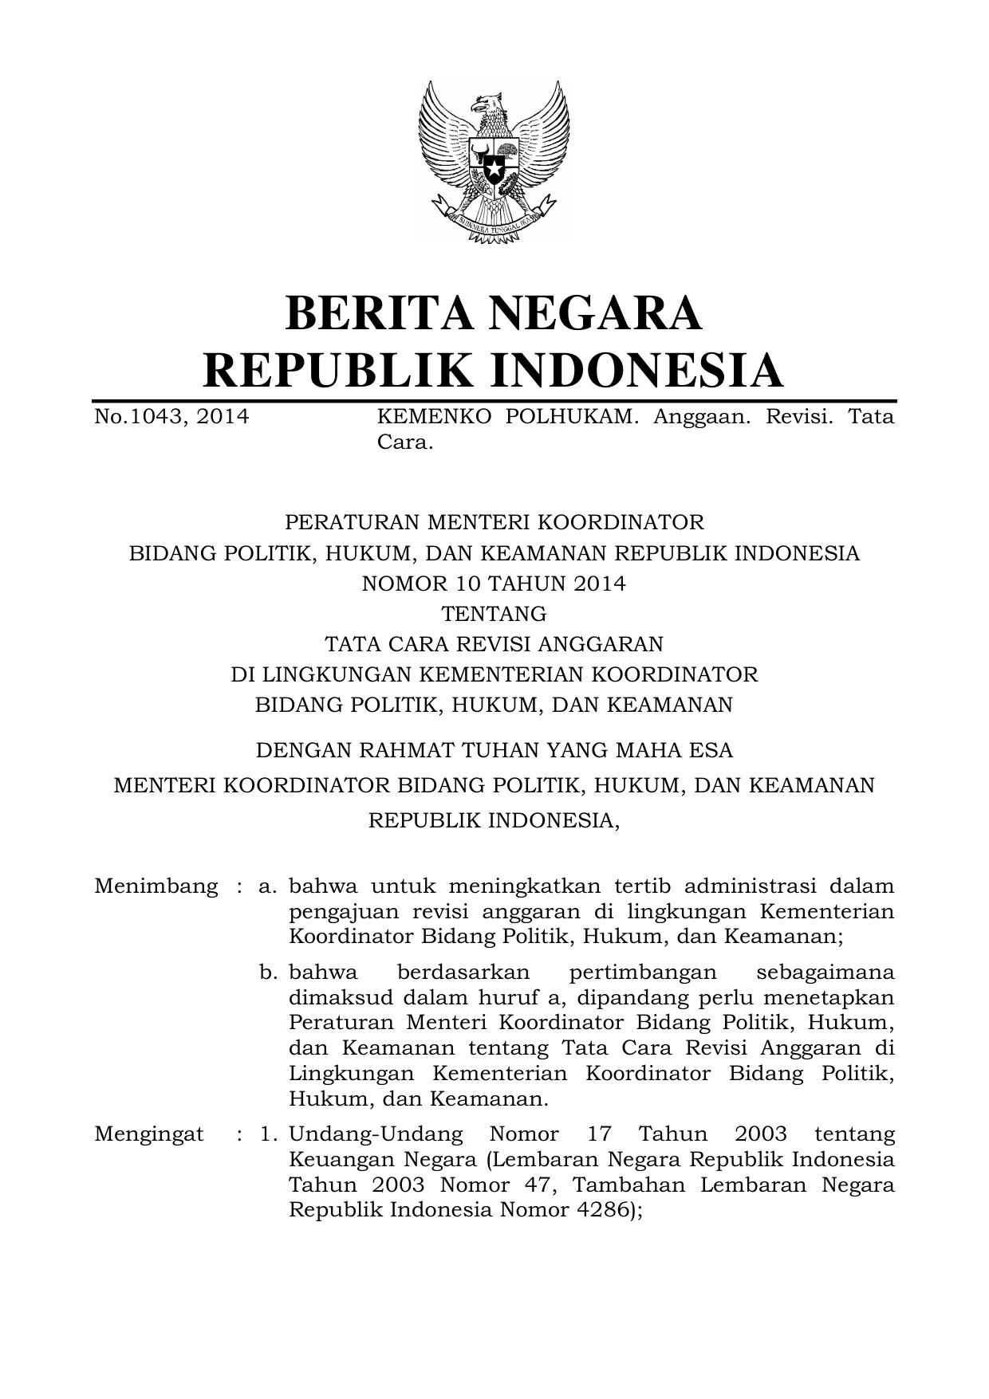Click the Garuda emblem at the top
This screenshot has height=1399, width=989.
(494, 159)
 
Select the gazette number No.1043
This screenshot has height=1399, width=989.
(140, 417)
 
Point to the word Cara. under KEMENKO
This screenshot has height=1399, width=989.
(404, 442)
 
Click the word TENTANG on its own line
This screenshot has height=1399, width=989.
(494, 614)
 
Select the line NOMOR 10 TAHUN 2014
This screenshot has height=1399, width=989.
(494, 584)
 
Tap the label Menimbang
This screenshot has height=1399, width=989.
(156, 886)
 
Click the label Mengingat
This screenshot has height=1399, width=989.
(148, 1134)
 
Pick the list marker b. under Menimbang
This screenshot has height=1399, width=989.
(268, 973)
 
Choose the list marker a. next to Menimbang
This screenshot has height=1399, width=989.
(268, 886)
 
